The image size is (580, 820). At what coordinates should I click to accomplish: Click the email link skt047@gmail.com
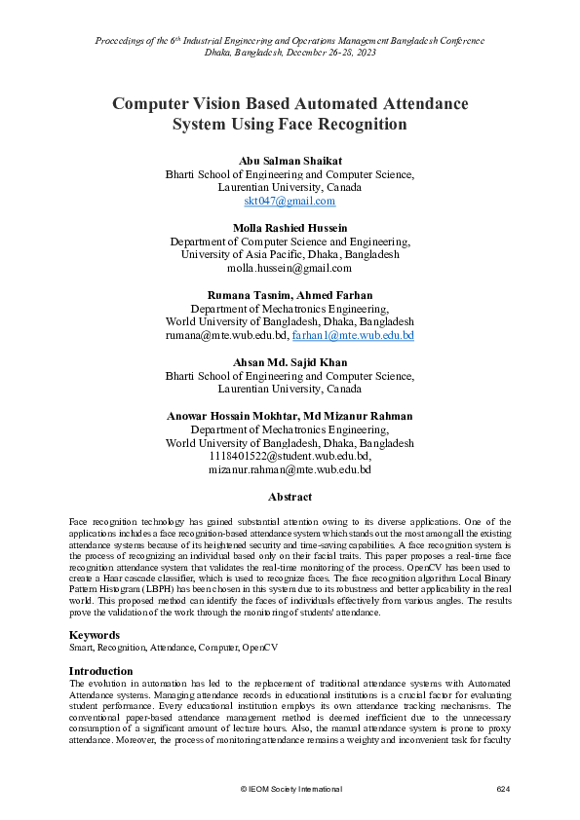(290, 201)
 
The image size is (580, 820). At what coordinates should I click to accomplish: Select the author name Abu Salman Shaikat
(290, 160)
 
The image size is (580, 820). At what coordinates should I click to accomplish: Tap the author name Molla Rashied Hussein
(290, 227)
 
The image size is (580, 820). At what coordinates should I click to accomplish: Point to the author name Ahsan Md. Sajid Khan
(290, 361)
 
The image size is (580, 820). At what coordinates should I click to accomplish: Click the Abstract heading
(290, 497)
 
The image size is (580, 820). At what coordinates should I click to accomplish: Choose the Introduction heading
(102, 671)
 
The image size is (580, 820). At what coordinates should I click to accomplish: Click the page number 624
(504, 787)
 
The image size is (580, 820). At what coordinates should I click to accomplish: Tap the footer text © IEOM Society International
(290, 787)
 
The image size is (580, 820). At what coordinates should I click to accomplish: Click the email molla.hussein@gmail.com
(290, 267)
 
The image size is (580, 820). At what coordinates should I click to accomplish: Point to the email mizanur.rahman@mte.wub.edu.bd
(290, 468)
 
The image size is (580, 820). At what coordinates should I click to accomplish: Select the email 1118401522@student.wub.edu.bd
(290, 455)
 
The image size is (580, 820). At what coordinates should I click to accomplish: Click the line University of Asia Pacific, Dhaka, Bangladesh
(290, 254)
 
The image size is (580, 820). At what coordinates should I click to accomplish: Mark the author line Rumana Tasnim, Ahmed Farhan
(290, 294)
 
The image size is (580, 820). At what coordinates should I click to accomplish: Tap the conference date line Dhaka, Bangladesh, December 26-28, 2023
(290, 54)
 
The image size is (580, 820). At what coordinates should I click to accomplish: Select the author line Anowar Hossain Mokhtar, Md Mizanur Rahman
(290, 415)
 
